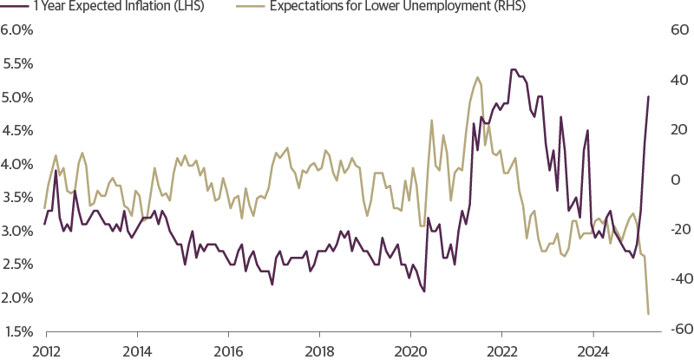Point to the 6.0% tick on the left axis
point(16,29)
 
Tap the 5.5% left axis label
point(16,63)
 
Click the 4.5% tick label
point(16,130)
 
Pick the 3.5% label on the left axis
point(16,197)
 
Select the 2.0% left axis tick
point(16,298)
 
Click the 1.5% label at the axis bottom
point(16,331)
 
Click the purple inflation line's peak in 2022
point(512,69)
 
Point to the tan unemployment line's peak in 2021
point(478,77)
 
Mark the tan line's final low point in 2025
point(648,314)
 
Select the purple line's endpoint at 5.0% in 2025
point(649,96)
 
